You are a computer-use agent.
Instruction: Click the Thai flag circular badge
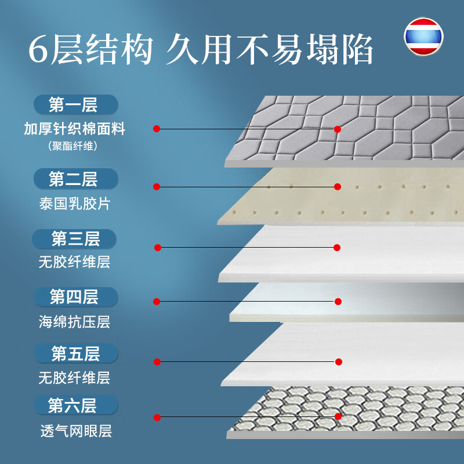coord(423,37)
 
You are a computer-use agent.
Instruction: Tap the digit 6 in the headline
coord(38,49)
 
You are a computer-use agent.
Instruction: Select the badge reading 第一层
coord(76,104)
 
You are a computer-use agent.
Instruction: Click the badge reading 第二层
coord(76,179)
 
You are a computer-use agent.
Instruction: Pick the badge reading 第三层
coord(74,239)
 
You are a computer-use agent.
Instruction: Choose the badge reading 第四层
coord(76,297)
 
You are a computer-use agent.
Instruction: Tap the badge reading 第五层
coord(76,353)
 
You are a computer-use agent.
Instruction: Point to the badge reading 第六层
coord(76,405)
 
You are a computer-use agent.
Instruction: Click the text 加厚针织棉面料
coord(75,129)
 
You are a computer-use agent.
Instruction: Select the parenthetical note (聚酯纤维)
coord(73,146)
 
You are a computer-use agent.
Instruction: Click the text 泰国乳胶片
coord(75,204)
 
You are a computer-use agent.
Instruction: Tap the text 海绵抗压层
coord(74,322)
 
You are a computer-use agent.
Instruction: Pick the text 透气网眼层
coord(76,431)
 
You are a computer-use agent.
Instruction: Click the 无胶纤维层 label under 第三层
coord(74,262)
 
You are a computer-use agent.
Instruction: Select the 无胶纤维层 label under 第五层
coord(74,378)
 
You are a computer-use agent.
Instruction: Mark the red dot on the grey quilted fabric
coord(338,129)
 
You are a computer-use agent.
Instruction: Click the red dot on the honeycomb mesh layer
coord(338,416)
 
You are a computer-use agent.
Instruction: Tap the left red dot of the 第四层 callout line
coord(157,302)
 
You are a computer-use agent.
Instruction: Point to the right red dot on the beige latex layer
coord(338,186)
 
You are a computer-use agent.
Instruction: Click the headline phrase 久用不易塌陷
coord(269,49)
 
